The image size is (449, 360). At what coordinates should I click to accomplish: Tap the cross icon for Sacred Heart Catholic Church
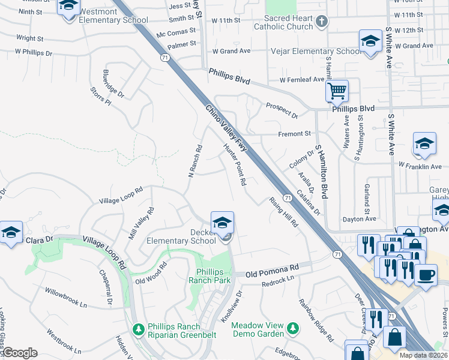coord(322,22)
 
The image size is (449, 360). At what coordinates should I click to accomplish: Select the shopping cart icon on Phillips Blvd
coord(337,91)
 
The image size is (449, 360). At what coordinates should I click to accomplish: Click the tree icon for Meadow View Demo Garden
coord(292,328)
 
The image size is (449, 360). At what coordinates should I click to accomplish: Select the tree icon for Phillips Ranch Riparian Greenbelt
coord(138,330)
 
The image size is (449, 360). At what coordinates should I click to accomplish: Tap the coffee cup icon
coord(426,275)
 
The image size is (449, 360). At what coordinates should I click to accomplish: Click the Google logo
coord(20,353)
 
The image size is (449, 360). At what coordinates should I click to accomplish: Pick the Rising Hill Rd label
coord(283,212)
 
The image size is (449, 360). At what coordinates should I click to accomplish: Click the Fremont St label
coord(294,133)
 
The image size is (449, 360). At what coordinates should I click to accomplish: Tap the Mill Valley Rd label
coord(142,224)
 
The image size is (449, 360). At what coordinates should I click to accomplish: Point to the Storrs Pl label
coord(100,97)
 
